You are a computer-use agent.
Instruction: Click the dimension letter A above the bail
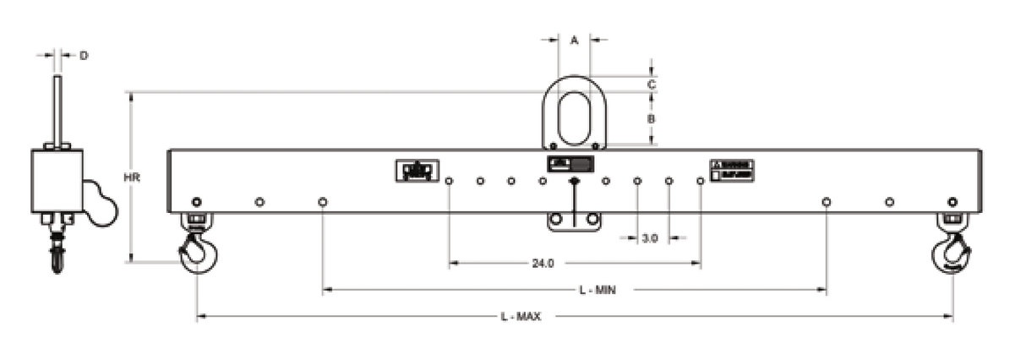coord(574,40)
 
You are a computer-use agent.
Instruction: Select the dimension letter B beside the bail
coord(652,119)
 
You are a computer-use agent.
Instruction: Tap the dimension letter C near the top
coord(652,85)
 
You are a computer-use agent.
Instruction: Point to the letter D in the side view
coord(84,56)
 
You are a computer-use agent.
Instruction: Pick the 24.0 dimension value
coord(543,264)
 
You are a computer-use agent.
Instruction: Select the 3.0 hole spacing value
coord(650,238)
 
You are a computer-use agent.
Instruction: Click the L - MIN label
coord(597,290)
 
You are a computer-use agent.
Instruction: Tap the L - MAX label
coord(521,317)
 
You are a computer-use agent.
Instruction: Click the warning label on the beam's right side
coord(731,170)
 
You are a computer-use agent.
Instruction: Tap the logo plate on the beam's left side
coord(417,171)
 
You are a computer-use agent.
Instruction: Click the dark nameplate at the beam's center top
coord(571,164)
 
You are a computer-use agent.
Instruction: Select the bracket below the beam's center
coord(575,221)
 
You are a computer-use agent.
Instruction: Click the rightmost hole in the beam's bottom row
coord(952,202)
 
